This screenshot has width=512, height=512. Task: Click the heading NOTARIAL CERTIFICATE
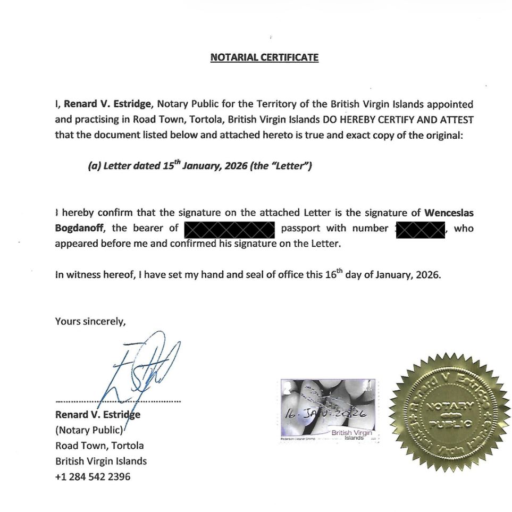(264, 57)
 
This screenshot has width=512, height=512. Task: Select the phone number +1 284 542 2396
(93, 476)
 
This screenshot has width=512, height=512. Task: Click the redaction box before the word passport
(229, 229)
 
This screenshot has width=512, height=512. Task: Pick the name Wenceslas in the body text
(449, 213)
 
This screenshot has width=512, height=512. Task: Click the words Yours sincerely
(90, 321)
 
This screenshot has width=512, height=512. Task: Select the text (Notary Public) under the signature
(89, 430)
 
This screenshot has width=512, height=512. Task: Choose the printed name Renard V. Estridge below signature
(97, 415)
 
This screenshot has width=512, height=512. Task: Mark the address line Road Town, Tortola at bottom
(99, 446)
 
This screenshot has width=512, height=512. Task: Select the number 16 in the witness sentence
(331, 275)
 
